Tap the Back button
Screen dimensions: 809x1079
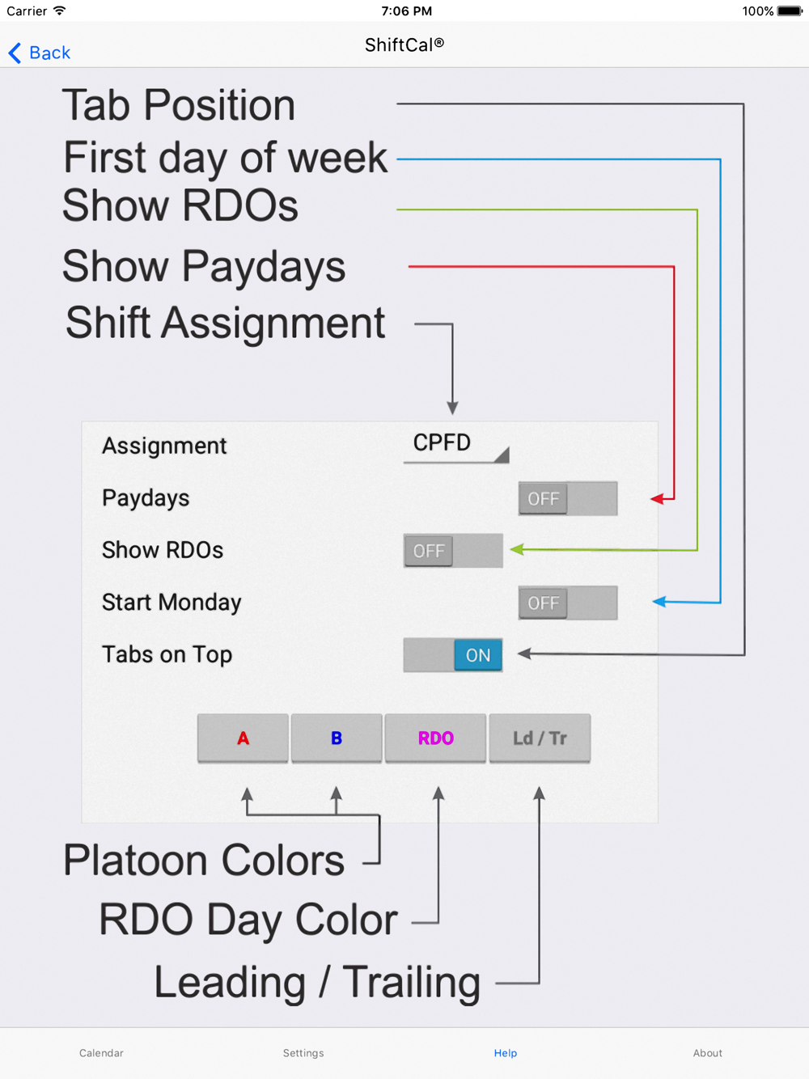[x=40, y=53]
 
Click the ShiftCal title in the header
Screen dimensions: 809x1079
[x=404, y=45]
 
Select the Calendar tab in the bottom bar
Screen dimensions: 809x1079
[x=101, y=1053]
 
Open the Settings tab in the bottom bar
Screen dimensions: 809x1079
[x=303, y=1053]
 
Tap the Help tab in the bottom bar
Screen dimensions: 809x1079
[x=506, y=1053]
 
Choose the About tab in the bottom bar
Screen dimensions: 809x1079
[x=708, y=1053]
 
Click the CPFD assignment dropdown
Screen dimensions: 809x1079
[x=456, y=446]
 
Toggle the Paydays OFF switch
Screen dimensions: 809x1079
[x=568, y=498]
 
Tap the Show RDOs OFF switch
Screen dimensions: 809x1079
[x=453, y=551]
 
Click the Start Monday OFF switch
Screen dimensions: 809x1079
[x=568, y=603]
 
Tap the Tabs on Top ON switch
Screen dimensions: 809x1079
[x=453, y=655]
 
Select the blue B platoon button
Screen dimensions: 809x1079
[x=337, y=738]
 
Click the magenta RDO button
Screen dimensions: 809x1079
[x=435, y=738]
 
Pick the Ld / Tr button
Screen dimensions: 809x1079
[x=540, y=738]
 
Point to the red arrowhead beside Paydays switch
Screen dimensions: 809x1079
[x=657, y=499]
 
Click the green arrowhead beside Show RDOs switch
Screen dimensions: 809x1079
[x=517, y=549]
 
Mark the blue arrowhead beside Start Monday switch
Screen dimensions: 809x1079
[x=659, y=601]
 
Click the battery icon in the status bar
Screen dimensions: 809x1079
[x=790, y=11]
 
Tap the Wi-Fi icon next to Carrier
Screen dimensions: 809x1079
[x=60, y=11]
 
